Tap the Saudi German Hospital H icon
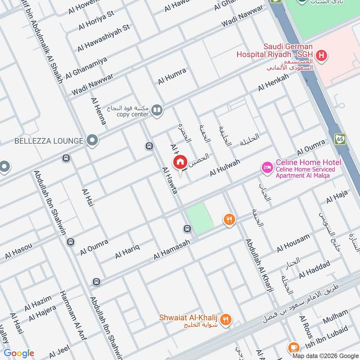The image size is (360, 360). click(x=321, y=56)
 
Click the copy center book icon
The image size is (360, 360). click(x=157, y=110)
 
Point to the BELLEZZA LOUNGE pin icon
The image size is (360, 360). click(x=92, y=141)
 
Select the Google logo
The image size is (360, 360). click(x=19, y=353)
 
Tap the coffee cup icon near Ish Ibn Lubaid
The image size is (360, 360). click(x=293, y=347)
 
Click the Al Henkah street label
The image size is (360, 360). click(x=273, y=82)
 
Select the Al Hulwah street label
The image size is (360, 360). click(x=225, y=168)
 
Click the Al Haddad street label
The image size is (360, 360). click(x=314, y=269)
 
